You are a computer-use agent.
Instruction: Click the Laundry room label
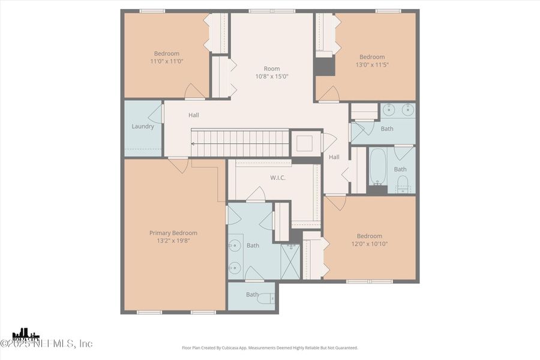(143, 127)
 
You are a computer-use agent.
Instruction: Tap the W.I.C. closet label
(277, 178)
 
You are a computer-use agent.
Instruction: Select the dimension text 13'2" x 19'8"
(173, 241)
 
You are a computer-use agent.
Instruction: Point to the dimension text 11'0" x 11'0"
(166, 62)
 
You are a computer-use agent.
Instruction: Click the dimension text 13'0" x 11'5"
(371, 65)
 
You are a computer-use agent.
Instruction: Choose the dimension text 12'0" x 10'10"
(369, 244)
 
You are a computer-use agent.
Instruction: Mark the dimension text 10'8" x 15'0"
(272, 76)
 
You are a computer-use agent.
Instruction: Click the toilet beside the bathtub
(403, 183)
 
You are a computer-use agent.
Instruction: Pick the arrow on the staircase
(194, 144)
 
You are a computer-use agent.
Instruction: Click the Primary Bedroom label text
(173, 233)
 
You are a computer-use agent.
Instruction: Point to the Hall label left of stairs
(193, 115)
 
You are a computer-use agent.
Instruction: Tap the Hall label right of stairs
(334, 157)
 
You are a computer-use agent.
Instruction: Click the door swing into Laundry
(157, 113)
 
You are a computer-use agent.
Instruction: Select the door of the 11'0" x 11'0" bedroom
(194, 92)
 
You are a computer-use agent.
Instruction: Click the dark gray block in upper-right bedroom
(325, 65)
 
